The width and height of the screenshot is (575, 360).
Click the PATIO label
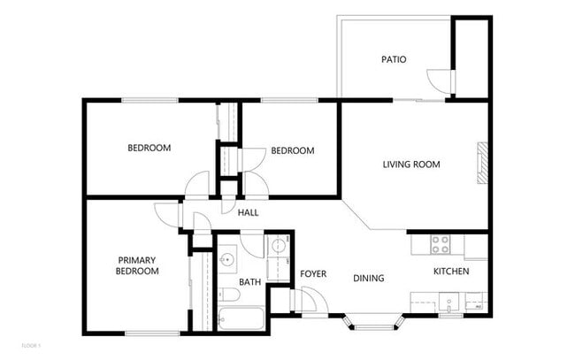tap(394, 60)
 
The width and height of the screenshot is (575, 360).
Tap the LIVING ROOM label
tap(410, 165)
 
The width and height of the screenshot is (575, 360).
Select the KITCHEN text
tap(450, 271)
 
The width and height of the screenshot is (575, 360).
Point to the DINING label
tap(368, 279)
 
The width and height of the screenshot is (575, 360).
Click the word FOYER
tap(313, 274)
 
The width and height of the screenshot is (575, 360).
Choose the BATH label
tap(249, 282)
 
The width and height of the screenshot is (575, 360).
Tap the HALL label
tap(248, 212)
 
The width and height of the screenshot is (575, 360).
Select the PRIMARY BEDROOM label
tap(137, 265)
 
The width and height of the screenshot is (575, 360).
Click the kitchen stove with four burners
tap(440, 242)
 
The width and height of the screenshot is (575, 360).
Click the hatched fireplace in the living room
tap(482, 163)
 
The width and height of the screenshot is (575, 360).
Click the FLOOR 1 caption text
tap(31, 344)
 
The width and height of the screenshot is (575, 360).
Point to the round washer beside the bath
tap(278, 247)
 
